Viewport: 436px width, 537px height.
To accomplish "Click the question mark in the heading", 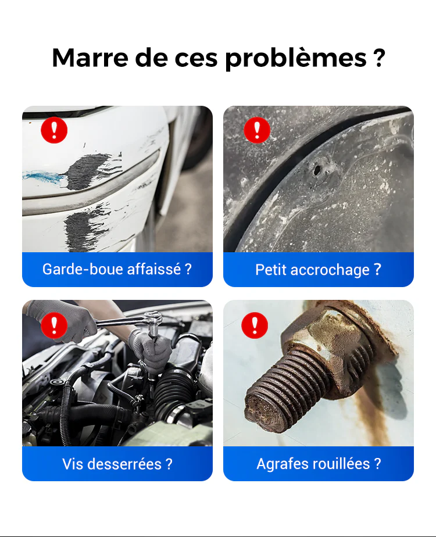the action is (x=378, y=58).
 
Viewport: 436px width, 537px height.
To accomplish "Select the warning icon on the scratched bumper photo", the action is (x=54, y=130).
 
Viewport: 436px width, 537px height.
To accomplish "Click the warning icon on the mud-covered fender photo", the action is (x=257, y=130).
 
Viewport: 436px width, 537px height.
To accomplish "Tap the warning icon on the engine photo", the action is (x=54, y=325).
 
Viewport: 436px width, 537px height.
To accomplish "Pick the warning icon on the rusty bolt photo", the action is (x=255, y=325).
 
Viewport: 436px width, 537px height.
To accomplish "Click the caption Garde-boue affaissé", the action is (x=117, y=269).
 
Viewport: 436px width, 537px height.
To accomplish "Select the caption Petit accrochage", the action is (x=318, y=270).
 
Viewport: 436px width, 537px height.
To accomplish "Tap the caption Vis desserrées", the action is (x=117, y=464).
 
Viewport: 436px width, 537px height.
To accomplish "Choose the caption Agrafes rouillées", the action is (x=319, y=464).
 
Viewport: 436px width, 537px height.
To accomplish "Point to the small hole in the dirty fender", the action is (x=317, y=170).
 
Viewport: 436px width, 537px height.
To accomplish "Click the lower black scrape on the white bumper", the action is (x=85, y=227).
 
